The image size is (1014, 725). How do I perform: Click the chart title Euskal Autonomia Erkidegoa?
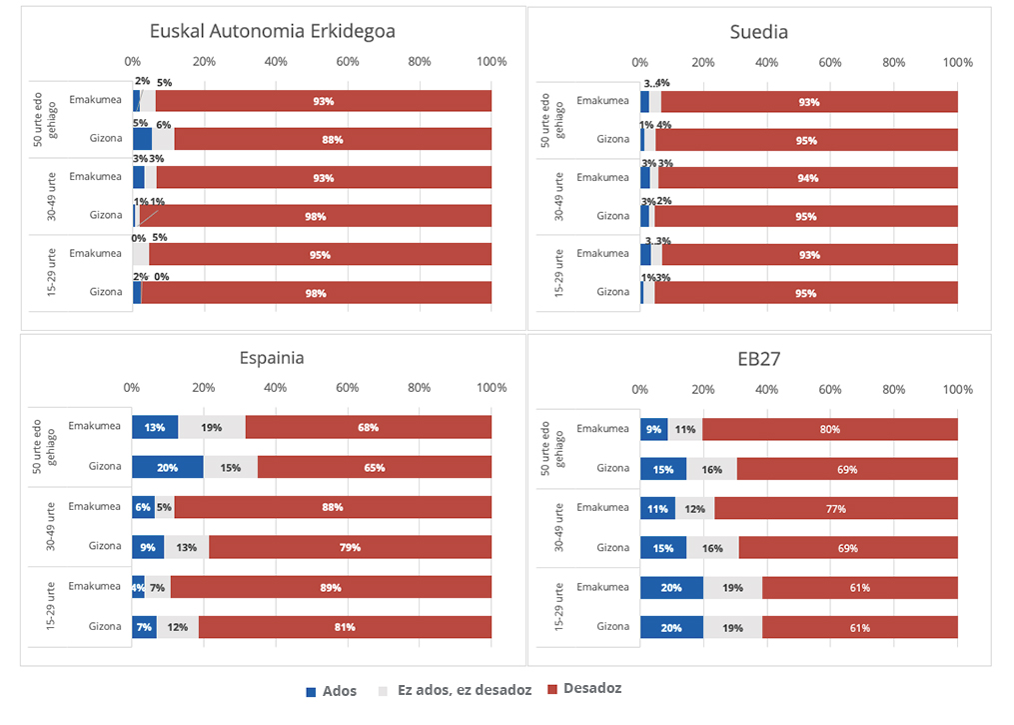272,31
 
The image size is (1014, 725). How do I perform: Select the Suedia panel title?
759,32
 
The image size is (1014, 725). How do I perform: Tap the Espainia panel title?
272,358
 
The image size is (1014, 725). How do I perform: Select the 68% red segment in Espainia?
368,428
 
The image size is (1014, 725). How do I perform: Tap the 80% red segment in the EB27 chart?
829,430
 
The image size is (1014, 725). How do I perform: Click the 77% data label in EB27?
835,509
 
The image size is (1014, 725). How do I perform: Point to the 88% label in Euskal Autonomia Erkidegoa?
332,140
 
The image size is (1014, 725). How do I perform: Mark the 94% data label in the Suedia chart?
808,178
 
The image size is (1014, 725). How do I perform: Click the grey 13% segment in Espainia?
187,547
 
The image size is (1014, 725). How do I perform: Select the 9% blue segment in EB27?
654,430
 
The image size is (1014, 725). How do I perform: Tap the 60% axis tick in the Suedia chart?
830,62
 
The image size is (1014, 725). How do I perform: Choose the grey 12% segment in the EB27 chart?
694,509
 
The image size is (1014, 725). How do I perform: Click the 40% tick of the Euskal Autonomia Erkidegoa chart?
276,62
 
